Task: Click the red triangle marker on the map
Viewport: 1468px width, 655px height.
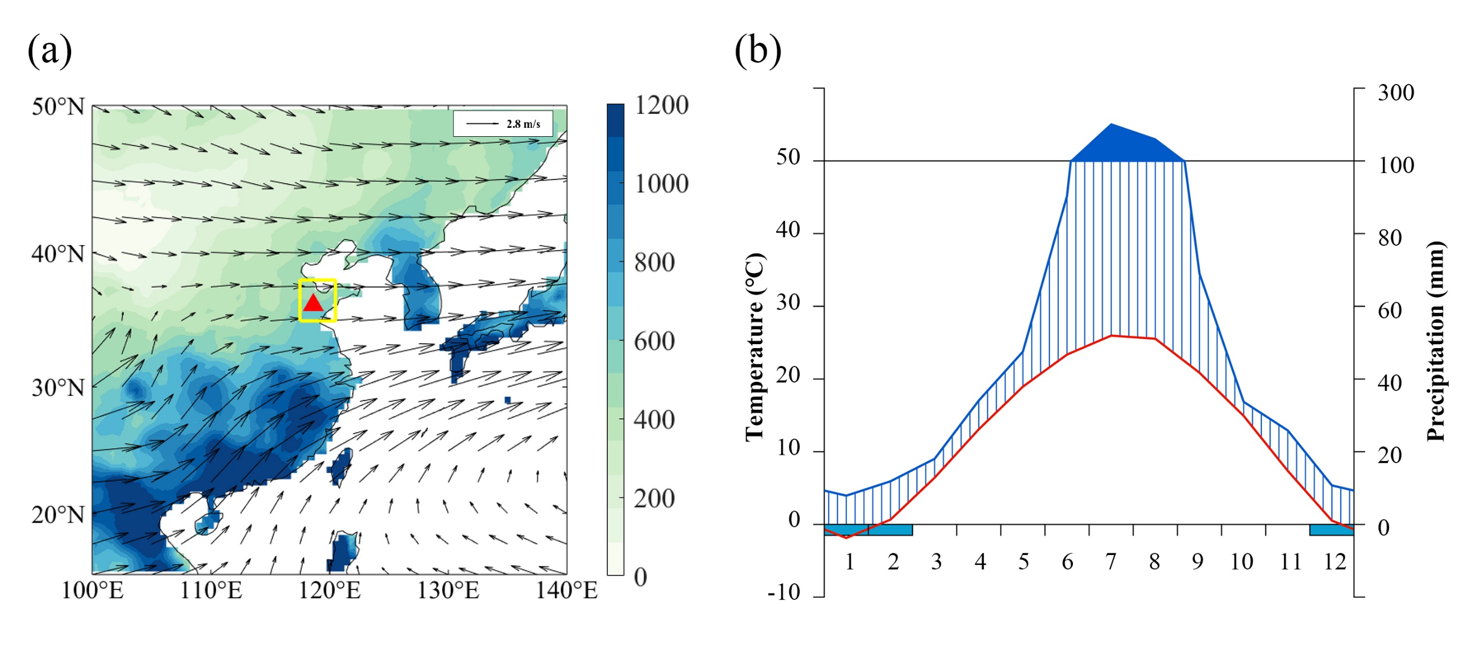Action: pos(313,303)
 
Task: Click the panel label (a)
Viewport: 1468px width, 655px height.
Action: pos(49,50)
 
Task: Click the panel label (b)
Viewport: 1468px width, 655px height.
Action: pos(757,50)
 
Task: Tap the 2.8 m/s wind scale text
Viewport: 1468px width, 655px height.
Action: pos(523,123)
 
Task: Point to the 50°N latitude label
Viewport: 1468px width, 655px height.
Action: pos(58,107)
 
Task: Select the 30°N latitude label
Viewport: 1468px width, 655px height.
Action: pos(58,388)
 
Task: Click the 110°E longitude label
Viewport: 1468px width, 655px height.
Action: pos(211,591)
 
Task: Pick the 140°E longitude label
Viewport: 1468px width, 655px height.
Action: pos(566,591)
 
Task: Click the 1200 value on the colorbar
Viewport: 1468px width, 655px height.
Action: pos(661,106)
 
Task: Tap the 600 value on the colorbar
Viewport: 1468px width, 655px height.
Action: pos(654,341)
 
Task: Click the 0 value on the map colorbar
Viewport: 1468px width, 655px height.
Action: pos(641,578)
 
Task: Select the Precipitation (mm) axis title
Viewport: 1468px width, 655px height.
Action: pos(1436,341)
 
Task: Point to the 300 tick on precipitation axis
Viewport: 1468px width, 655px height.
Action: pos(1396,92)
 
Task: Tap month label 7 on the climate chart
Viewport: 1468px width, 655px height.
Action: pos(1111,562)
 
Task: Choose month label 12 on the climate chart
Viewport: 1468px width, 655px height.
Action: pos(1335,562)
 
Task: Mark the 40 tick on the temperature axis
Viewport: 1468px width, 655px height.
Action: pos(788,230)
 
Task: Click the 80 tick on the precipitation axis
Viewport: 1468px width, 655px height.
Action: pos(1390,238)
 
